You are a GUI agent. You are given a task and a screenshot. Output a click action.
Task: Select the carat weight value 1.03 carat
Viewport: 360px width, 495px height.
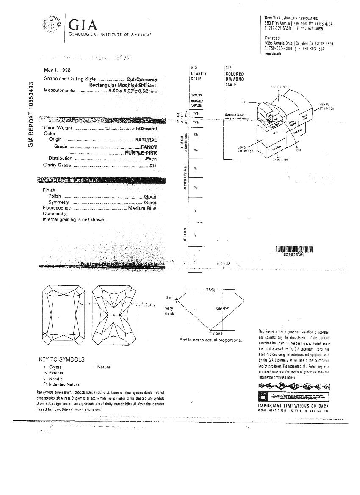tap(146, 128)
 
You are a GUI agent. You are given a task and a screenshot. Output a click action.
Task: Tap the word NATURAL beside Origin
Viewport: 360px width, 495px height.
tap(146, 140)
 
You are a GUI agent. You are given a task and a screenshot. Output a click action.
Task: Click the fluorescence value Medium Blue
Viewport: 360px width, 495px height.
tap(142, 208)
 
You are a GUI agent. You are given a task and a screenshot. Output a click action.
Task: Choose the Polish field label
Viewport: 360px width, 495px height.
tap(55, 196)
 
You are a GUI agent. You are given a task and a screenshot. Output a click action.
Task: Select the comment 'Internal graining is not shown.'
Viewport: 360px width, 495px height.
tap(74, 220)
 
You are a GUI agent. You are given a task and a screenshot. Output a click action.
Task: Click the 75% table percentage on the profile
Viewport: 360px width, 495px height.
tap(210, 290)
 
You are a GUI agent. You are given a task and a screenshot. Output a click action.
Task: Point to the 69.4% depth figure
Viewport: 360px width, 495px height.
tap(223, 308)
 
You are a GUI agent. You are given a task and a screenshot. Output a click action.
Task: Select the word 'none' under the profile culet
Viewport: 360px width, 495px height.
tap(218, 334)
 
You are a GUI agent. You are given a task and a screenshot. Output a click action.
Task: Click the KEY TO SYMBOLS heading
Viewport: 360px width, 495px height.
tap(61, 359)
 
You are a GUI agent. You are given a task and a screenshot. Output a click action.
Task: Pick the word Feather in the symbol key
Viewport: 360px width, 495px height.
tap(56, 373)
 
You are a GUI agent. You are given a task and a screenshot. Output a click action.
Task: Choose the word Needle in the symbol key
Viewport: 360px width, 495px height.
tap(56, 379)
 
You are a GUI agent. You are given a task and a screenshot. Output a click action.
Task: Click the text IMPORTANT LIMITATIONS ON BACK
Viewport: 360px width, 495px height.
tap(293, 406)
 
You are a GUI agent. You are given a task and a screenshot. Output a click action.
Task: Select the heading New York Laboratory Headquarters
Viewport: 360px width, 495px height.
tap(291, 18)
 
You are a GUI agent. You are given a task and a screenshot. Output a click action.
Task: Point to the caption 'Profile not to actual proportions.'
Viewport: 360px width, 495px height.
tap(210, 340)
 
